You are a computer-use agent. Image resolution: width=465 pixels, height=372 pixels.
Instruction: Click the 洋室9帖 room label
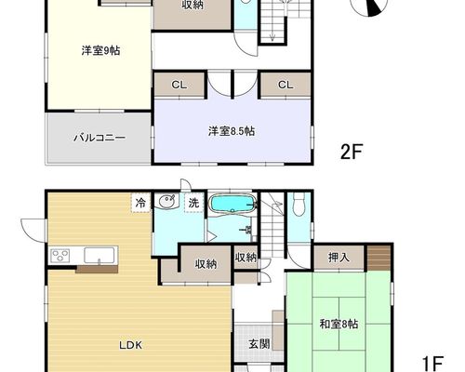pos(100,50)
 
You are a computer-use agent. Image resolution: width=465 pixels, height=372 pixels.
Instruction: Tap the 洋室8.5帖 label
pos(232,131)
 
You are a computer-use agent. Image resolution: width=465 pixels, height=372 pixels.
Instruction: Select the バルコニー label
pos(100,138)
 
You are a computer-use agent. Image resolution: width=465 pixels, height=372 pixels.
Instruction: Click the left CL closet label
pos(179,85)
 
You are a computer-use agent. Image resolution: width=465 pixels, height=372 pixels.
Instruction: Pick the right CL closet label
pos(286,85)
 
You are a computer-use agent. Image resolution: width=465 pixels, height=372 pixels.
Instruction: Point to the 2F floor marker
pos(352,152)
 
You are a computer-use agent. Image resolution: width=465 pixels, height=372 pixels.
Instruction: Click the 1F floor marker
pos(433,362)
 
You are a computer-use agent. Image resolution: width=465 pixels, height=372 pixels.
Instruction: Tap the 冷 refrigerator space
pos(140,203)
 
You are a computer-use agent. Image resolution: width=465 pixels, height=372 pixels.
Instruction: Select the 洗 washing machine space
pos(194,203)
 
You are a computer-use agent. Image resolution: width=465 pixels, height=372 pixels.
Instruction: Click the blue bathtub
pos(233,204)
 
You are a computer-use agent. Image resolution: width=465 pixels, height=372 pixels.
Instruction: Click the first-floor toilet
pos(299,205)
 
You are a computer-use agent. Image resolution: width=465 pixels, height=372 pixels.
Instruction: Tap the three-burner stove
pos(60,256)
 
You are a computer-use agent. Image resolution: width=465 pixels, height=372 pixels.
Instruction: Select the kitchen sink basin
pos(100,256)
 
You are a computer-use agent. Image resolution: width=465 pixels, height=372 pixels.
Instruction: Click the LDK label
pos(131,345)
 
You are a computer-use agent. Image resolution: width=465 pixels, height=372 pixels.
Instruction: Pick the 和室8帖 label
pos(339,325)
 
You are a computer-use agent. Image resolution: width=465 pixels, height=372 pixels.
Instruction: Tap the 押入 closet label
pos(339,258)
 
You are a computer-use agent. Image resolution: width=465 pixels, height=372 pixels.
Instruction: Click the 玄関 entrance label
pos(259,344)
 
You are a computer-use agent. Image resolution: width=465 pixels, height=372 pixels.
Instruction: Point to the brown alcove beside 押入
pos(379,258)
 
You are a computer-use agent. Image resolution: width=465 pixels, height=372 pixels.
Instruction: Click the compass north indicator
pos(373,7)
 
